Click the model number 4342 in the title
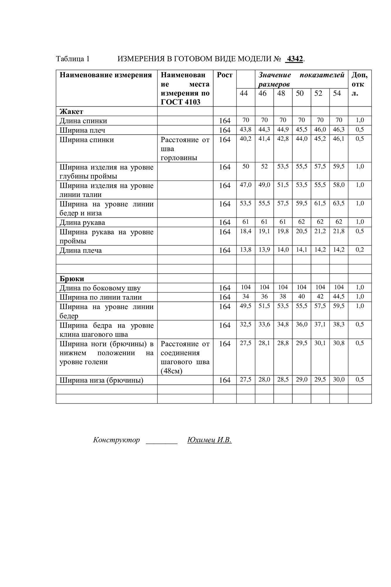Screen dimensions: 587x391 294,59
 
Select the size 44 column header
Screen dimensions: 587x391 244,93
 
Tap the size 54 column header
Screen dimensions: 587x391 337,93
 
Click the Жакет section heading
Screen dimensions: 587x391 71,112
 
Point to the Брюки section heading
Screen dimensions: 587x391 72,279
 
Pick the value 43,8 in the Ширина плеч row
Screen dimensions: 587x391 246,129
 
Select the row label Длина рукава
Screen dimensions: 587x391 82,222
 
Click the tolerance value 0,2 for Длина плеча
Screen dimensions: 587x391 360,250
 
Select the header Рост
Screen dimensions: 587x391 225,75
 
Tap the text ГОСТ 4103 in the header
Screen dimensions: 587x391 180,102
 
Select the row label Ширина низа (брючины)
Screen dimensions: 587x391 101,380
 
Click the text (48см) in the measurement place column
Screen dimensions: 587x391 172,371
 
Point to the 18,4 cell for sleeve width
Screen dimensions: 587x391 246,231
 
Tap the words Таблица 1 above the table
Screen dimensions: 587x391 72,59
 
